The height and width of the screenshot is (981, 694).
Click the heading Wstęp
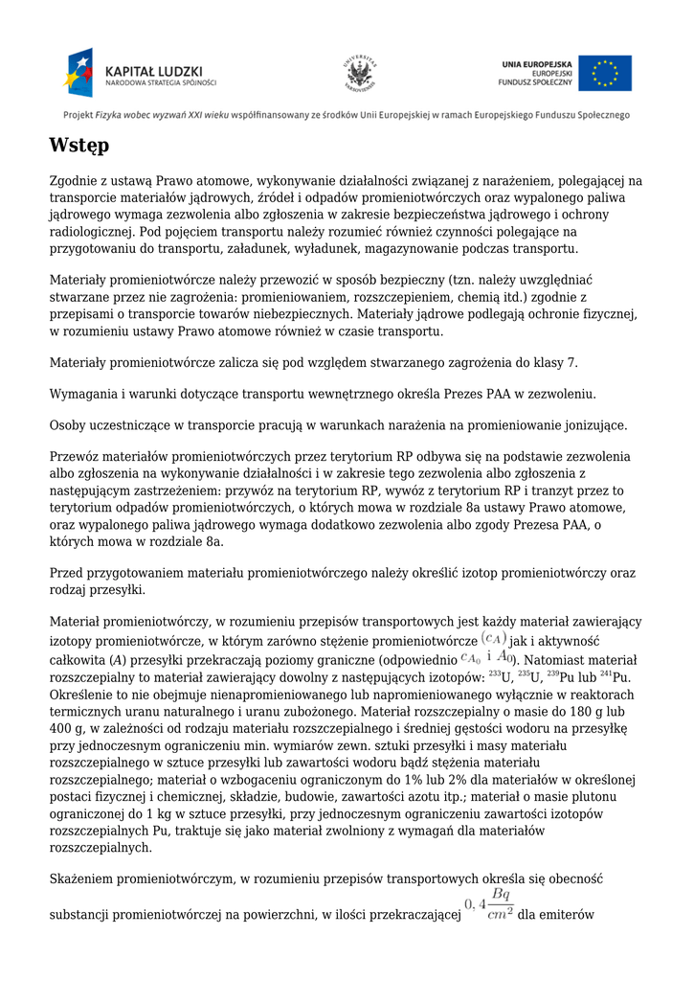coord(79,147)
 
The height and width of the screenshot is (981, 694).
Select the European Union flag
coord(605,73)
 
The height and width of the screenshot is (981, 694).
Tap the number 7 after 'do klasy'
coord(573,363)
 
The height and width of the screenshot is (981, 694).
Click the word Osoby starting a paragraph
coord(68,424)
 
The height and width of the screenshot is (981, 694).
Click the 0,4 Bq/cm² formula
coord(489,904)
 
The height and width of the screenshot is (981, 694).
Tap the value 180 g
coord(592,712)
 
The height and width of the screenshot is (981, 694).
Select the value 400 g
coord(64,729)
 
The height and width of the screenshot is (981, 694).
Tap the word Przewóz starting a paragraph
coord(76,456)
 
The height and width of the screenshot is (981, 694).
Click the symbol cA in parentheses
coord(494,639)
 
